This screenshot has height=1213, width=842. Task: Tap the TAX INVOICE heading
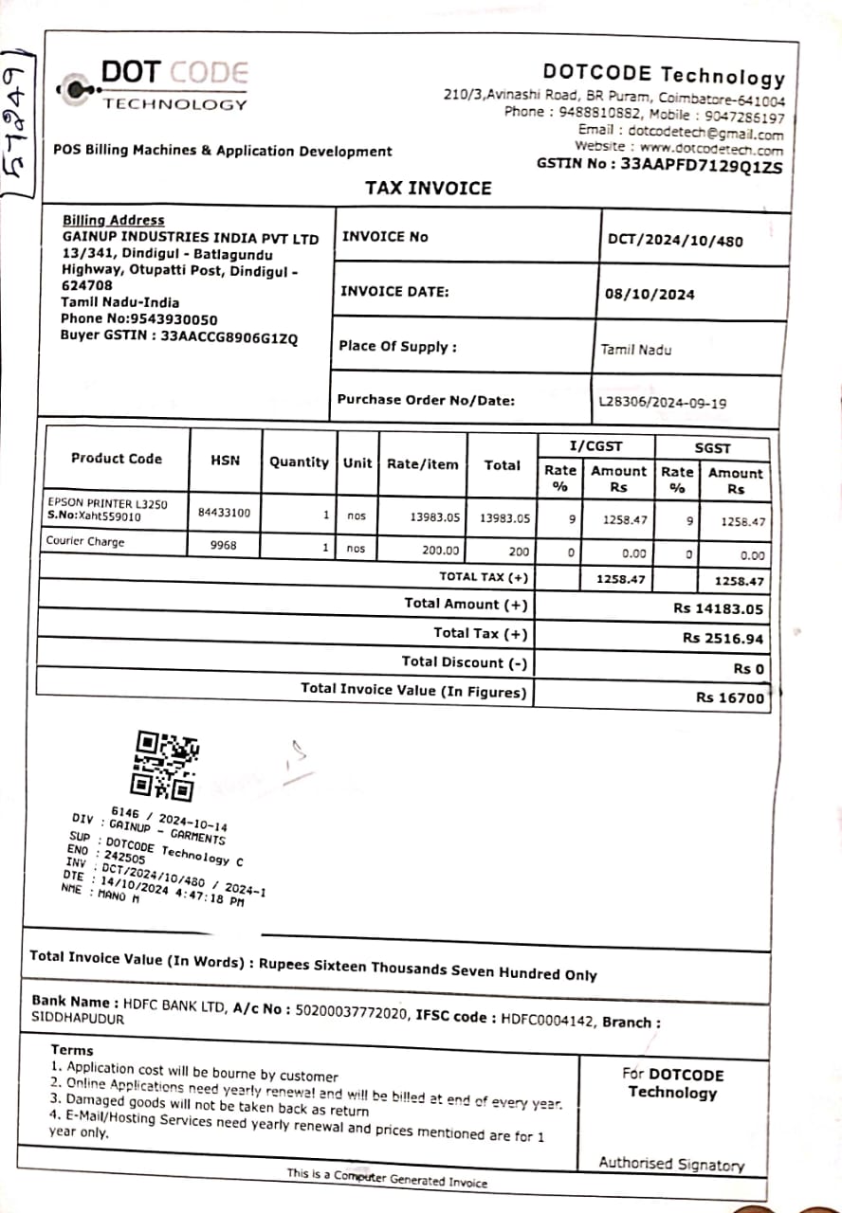click(x=429, y=188)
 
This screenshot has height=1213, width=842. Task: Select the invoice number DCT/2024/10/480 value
click(x=675, y=240)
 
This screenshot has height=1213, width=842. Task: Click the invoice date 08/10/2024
click(x=650, y=294)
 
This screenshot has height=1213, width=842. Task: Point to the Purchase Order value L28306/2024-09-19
click(x=663, y=403)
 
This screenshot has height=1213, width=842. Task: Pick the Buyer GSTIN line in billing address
click(x=179, y=335)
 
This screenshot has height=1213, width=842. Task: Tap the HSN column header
click(x=226, y=461)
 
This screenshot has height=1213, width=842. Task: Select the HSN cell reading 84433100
click(x=225, y=513)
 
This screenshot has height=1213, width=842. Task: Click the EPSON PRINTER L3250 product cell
click(x=106, y=504)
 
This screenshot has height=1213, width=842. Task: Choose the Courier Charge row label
click(x=85, y=542)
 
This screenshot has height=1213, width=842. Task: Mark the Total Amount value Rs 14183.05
click(x=718, y=609)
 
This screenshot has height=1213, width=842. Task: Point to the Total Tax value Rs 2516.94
click(x=723, y=639)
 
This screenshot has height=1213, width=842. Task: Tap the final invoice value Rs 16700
click(x=729, y=697)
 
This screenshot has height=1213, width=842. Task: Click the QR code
click(x=165, y=765)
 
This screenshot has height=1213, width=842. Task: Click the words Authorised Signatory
click(x=671, y=1164)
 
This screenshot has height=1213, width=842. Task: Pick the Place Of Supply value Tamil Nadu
click(x=635, y=350)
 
